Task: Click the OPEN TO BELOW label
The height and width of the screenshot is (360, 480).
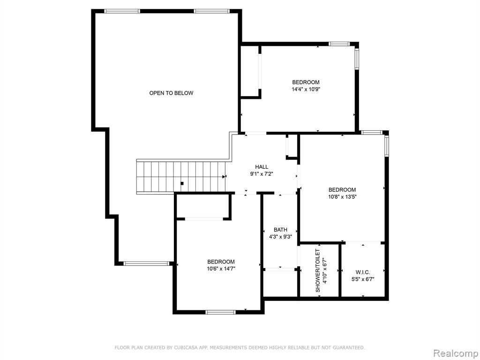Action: click(x=171, y=93)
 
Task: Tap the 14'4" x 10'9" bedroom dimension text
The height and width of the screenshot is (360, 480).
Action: click(x=306, y=90)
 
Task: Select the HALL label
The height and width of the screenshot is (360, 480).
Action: click(x=262, y=167)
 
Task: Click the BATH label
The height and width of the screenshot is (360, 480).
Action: click(x=280, y=230)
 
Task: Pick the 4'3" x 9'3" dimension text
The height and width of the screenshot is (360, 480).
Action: click(x=280, y=237)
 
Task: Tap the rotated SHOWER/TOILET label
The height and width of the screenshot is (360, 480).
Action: click(x=318, y=270)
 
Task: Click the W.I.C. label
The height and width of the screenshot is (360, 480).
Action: click(x=363, y=272)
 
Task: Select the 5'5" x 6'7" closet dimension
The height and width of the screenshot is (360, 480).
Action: click(x=363, y=279)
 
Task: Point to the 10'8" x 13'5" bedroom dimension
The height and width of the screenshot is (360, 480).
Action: click(x=342, y=197)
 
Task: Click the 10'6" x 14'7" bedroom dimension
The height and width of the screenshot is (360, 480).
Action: click(x=221, y=269)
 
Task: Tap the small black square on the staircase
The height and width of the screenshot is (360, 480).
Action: click(x=182, y=183)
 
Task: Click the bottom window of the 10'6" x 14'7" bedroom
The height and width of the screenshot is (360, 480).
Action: click(x=220, y=312)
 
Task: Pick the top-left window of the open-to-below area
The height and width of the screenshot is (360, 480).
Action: click(x=122, y=11)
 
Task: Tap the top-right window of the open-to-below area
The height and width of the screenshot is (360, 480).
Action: click(x=211, y=11)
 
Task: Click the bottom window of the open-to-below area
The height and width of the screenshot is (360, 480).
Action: click(x=147, y=263)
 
